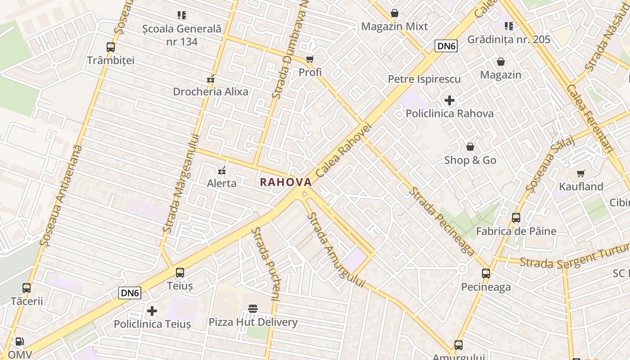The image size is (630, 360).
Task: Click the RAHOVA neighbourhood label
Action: (286, 182)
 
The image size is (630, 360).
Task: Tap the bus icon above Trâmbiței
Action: (110, 47)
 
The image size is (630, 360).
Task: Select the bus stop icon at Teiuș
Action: (180, 272)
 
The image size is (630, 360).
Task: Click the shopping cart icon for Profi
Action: (310, 59)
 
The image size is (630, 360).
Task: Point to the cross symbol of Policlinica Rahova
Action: (449, 100)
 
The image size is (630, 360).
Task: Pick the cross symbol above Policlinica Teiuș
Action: (152, 310)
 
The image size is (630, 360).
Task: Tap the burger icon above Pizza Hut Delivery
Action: (253, 309)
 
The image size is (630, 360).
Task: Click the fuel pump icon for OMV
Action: (19, 342)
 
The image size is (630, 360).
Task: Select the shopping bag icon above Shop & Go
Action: (470, 147)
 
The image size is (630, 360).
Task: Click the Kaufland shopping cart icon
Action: (581, 173)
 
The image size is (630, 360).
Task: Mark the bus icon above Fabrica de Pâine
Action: (516, 218)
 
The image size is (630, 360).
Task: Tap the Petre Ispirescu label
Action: (424, 79)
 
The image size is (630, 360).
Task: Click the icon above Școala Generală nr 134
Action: (182, 15)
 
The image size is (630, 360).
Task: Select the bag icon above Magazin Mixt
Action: (395, 13)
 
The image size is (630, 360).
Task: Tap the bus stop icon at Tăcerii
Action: (27, 288)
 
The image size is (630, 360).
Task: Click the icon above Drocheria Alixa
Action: (210, 79)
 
